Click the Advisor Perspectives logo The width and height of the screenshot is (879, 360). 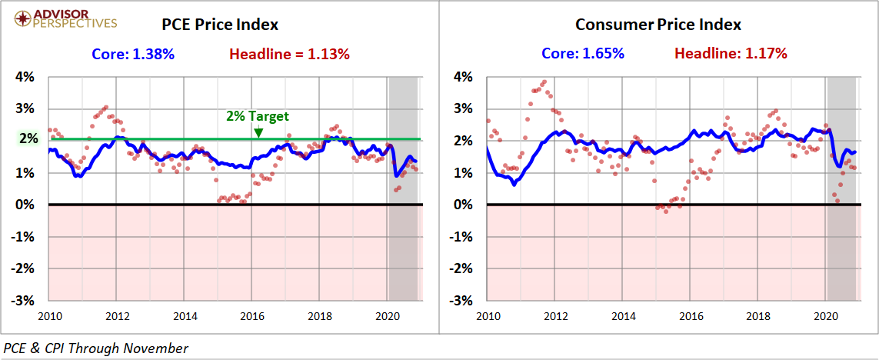pyautogui.click(x=61, y=18)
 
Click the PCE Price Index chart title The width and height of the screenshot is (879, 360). pyautogui.click(x=220, y=25)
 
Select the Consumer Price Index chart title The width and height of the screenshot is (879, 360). pyautogui.click(x=658, y=25)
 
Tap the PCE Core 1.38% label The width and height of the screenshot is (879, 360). pyautogui.click(x=133, y=54)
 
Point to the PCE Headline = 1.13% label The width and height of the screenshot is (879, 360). pyautogui.click(x=290, y=54)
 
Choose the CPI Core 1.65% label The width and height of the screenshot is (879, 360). pyautogui.click(x=581, y=54)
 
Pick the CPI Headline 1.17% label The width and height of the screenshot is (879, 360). pyautogui.click(x=731, y=54)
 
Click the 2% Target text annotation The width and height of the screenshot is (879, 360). pyautogui.click(x=258, y=116)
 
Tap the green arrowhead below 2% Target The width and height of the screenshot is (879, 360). pyautogui.click(x=258, y=132)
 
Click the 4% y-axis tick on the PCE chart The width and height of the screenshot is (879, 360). pyautogui.click(x=26, y=77)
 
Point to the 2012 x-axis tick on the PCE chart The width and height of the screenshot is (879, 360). pyautogui.click(x=117, y=315)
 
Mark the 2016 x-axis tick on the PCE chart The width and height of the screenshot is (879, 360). pyautogui.click(x=252, y=315)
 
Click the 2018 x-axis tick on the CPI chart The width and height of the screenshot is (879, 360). pyautogui.click(x=758, y=315)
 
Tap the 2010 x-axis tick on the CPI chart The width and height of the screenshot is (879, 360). pyautogui.click(x=488, y=315)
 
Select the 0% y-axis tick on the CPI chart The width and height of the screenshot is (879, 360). pyautogui.click(x=463, y=205)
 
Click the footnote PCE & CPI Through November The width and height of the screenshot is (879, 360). pyautogui.click(x=96, y=348)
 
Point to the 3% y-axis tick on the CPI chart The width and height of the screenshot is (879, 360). pyautogui.click(x=463, y=109)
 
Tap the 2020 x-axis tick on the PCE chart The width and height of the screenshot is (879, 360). pyautogui.click(x=388, y=315)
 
